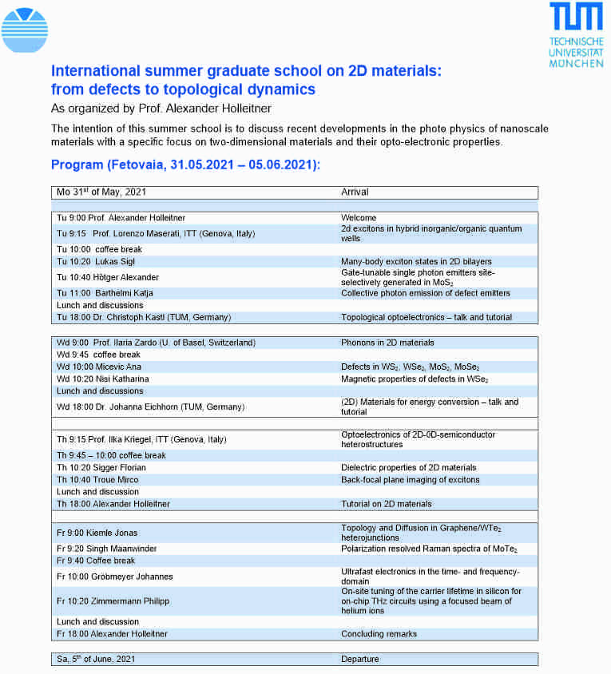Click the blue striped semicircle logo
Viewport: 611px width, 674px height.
25,30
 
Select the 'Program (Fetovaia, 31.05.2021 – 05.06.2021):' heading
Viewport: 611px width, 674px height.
185,165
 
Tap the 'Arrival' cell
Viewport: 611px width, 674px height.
355,192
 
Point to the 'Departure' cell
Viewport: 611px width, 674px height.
360,659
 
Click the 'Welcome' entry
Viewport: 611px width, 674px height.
359,218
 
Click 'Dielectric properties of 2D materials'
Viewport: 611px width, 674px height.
408,468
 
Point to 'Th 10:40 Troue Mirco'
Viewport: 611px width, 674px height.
97,480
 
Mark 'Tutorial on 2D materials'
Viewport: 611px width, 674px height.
387,504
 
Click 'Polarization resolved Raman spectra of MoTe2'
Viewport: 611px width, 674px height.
429,549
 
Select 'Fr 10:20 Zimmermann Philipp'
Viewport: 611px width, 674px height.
113,601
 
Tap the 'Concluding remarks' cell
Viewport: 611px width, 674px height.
379,634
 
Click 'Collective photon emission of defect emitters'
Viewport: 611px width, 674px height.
425,293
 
